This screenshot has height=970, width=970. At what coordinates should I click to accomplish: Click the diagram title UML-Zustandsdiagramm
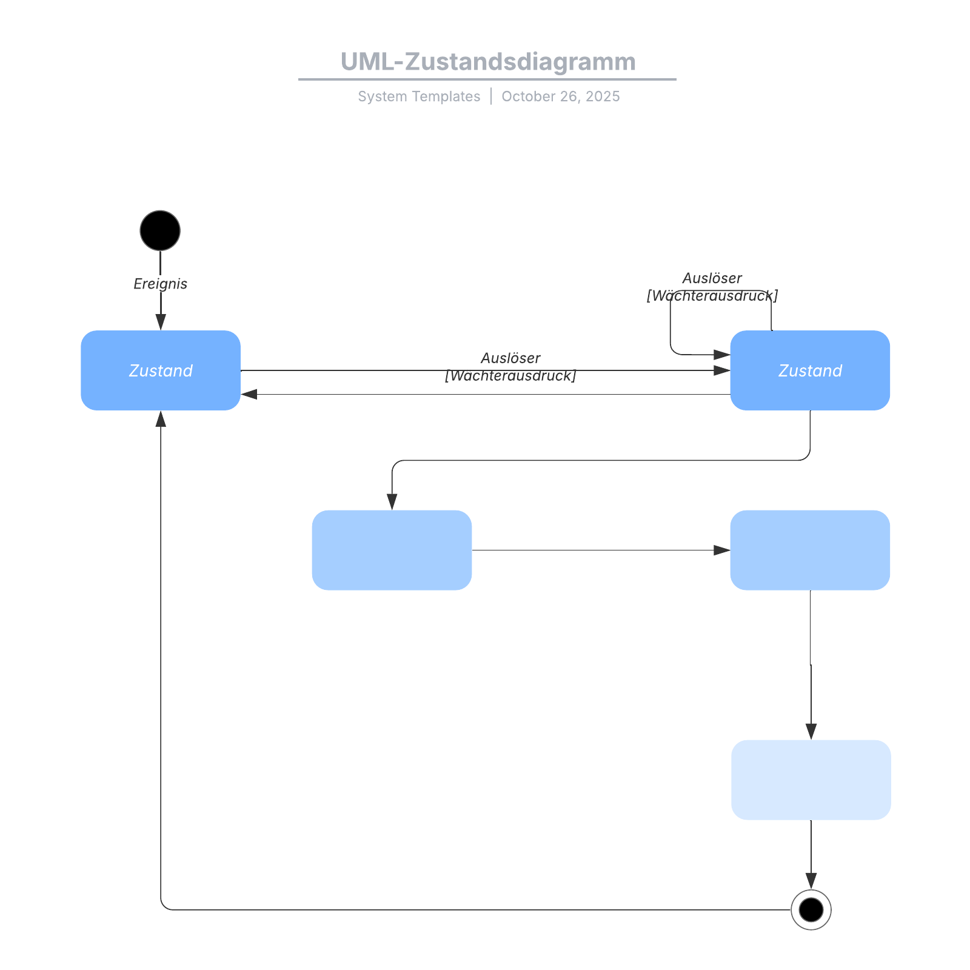click(487, 62)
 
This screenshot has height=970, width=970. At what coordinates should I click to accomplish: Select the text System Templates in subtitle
click(419, 96)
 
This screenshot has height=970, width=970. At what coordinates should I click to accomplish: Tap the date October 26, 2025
click(560, 96)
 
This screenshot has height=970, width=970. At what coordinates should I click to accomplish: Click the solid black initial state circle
click(160, 230)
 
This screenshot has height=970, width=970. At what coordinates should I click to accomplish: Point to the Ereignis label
click(160, 284)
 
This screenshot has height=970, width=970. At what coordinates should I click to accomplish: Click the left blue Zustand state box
click(161, 370)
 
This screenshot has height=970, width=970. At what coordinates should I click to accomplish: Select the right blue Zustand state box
click(810, 370)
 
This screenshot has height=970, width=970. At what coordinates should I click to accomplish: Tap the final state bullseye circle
click(811, 909)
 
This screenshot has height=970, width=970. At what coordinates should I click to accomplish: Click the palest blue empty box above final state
click(811, 780)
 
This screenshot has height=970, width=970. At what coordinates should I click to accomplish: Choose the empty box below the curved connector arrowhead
click(392, 550)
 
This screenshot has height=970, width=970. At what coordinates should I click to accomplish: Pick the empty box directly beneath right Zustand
click(810, 550)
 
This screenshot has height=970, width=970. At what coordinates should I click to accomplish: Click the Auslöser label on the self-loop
click(712, 278)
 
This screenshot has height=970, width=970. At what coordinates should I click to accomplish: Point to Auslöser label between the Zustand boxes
click(510, 358)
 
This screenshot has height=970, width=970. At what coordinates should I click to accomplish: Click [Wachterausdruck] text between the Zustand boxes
click(510, 376)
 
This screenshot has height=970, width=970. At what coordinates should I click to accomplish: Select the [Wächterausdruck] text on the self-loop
click(712, 296)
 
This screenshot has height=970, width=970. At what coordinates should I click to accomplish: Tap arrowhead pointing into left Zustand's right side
click(249, 395)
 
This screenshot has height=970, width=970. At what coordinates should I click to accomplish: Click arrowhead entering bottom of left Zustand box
click(161, 419)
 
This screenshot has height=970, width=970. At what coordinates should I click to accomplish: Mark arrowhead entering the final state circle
click(811, 881)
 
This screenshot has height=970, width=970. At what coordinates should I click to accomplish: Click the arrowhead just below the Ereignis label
click(161, 322)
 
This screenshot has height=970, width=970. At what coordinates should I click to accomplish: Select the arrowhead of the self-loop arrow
click(721, 355)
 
